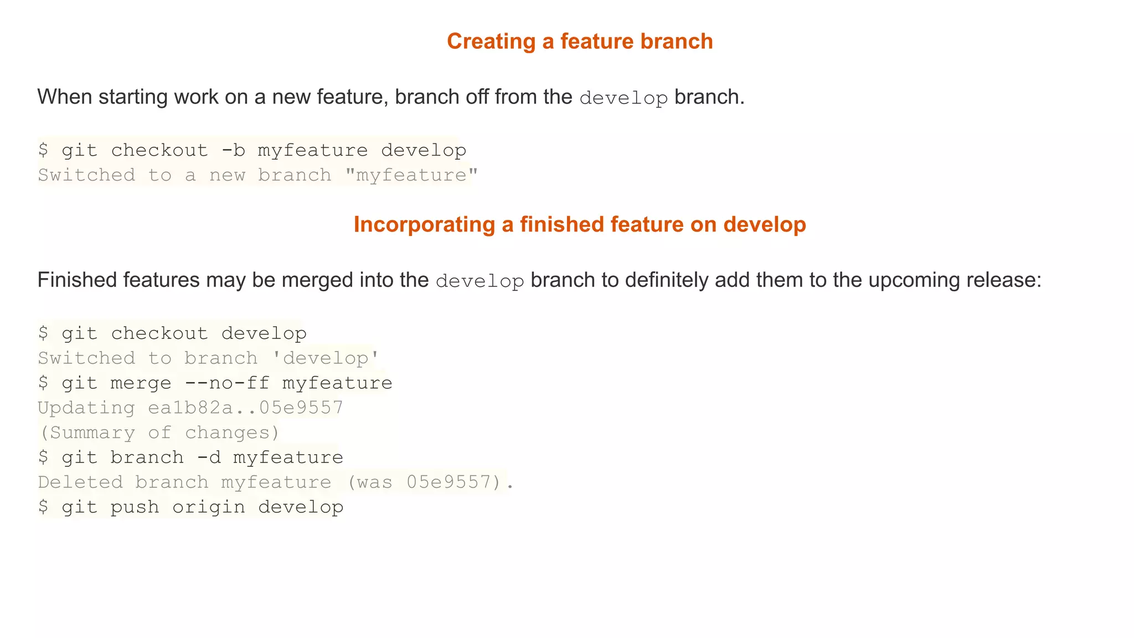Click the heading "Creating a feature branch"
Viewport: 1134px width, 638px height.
[580, 42]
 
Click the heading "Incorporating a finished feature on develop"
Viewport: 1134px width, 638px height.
[580, 224]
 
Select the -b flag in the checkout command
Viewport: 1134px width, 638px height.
[233, 150]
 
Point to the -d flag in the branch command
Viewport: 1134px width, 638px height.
[209, 457]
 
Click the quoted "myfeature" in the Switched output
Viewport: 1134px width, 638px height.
[411, 176]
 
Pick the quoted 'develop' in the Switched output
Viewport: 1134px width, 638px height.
[326, 358]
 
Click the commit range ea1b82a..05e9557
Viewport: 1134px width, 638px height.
[246, 408]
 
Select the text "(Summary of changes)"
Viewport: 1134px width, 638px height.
[159, 433]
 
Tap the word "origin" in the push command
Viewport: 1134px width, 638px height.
[209, 507]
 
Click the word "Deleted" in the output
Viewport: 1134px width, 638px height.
[80, 482]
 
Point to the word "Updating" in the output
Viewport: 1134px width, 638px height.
[86, 408]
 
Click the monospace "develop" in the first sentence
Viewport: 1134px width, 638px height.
[623, 98]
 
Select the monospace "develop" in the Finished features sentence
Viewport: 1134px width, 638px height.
[480, 281]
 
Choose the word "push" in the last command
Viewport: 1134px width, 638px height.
[135, 507]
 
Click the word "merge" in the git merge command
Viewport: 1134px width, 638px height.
[141, 383]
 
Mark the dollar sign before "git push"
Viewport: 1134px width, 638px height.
[43, 507]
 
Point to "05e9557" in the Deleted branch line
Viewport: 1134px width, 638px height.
[449, 482]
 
